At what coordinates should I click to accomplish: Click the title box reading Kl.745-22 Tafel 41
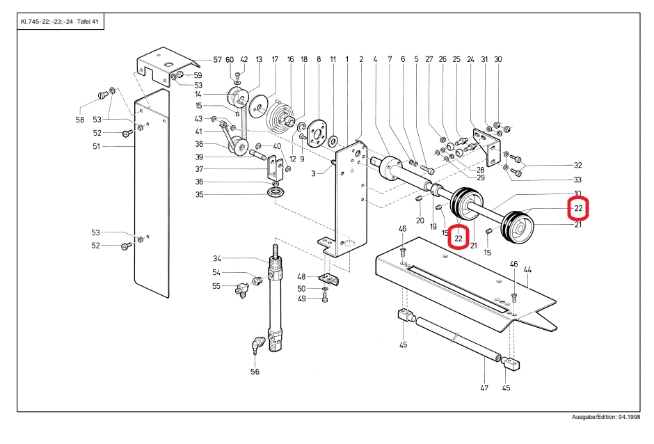point(61,22)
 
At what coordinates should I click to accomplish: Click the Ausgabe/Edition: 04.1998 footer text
point(605,417)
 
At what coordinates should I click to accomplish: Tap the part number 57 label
point(217,60)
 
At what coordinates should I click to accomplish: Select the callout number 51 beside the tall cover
point(96,146)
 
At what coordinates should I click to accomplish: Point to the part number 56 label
point(255,372)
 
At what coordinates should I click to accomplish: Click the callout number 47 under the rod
point(484,388)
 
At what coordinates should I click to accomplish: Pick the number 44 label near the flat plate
point(527,270)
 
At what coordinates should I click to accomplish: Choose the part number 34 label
point(217,259)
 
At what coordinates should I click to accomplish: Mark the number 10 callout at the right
point(577,193)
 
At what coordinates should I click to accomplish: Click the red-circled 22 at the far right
point(578,208)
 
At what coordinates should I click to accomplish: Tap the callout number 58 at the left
point(80,120)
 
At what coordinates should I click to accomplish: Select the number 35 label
point(200,194)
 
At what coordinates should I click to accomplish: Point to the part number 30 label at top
point(497,59)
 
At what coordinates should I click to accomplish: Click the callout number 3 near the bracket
point(313,173)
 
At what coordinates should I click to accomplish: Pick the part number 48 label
point(301,277)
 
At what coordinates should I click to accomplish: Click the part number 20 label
point(420,221)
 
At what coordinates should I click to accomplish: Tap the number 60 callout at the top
point(230,60)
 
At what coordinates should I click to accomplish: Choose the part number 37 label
point(200,169)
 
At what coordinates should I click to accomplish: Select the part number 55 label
point(216,286)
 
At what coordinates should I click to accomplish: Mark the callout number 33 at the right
point(577,180)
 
